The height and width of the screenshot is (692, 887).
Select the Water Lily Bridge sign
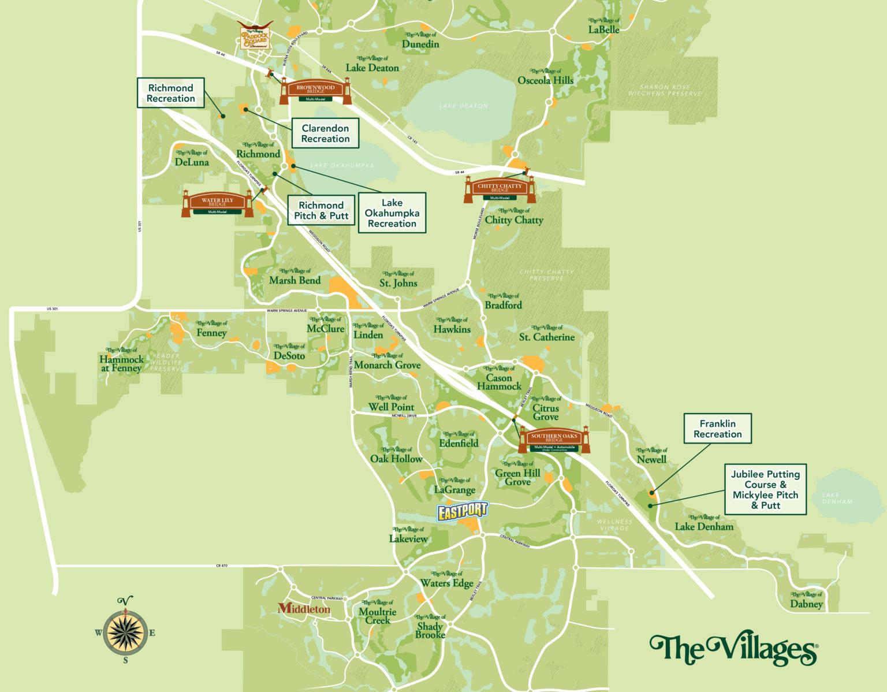(218, 202)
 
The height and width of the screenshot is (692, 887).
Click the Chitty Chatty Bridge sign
(500, 189)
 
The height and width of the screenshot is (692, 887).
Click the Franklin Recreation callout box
(717, 429)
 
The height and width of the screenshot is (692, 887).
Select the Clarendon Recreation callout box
(325, 133)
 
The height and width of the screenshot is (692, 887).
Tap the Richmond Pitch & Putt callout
(321, 210)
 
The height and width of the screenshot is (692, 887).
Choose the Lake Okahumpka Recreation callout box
(392, 213)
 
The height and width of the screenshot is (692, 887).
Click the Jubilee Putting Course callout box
(765, 489)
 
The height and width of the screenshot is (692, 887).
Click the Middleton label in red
(304, 609)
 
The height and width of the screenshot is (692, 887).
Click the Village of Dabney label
(806, 601)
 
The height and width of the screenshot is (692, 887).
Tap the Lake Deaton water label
(463, 106)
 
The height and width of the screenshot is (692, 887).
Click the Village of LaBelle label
(604, 26)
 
